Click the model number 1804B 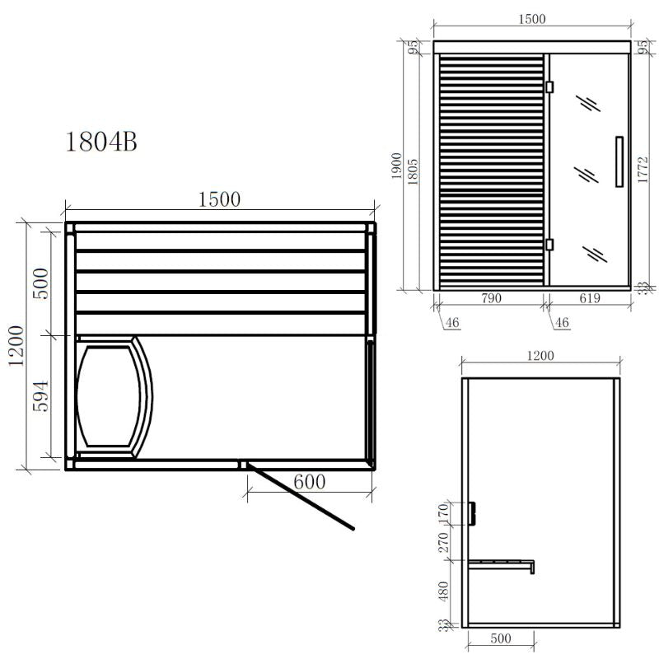pyautogui.click(x=101, y=142)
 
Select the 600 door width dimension pyautogui.click(x=309, y=482)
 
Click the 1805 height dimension pyautogui.click(x=416, y=173)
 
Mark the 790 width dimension pyautogui.click(x=490, y=299)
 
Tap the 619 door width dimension pyautogui.click(x=591, y=299)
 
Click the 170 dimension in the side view pyautogui.click(x=445, y=513)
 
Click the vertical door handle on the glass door pyautogui.click(x=619, y=161)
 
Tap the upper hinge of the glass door pyautogui.click(x=549, y=86)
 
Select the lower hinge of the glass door pyautogui.click(x=549, y=244)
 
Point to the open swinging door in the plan pyautogui.click(x=301, y=497)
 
